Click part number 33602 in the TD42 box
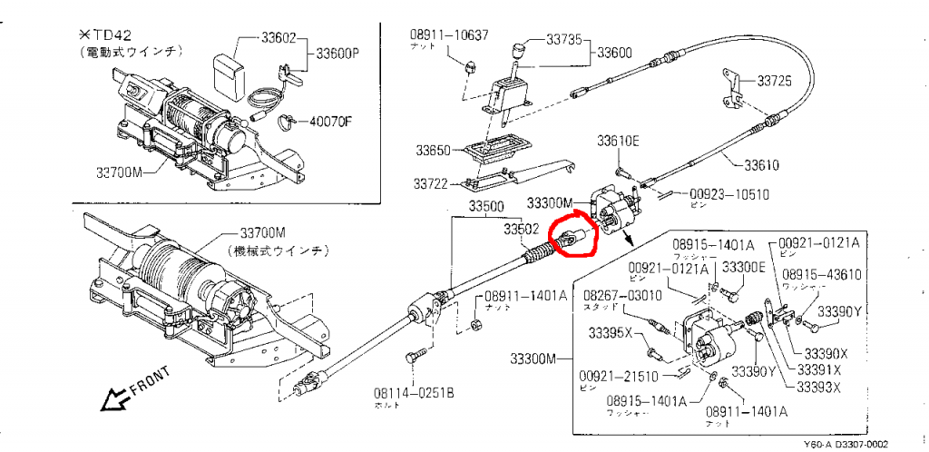coord(279,39)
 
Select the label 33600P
coord(338,54)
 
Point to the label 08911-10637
coord(449,35)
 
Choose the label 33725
coord(775,81)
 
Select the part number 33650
coord(434,150)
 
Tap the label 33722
coord(432,183)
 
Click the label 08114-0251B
coord(414,393)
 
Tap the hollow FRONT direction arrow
coord(117,397)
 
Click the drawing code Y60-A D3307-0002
coord(845,444)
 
